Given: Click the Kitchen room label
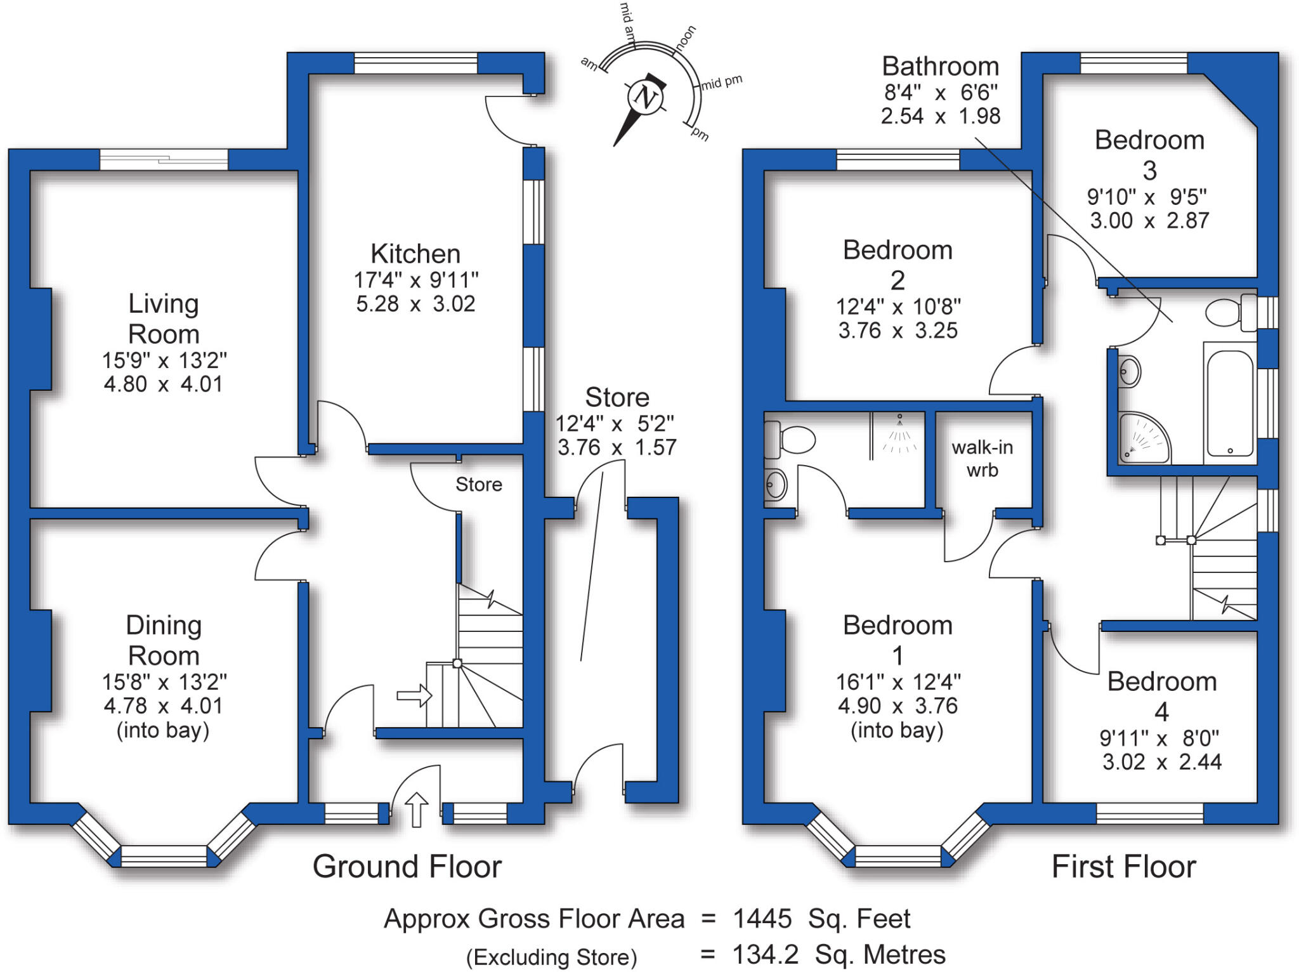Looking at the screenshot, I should click(415, 254).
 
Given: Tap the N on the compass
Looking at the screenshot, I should click(646, 98).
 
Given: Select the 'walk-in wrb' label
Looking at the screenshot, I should click(982, 458).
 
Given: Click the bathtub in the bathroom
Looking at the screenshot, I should click(1230, 404).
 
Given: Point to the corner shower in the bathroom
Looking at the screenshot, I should click(1142, 438).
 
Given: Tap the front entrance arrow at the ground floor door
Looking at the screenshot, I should click(416, 810).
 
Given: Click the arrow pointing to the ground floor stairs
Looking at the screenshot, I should click(414, 696).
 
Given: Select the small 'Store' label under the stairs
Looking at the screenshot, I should click(479, 485).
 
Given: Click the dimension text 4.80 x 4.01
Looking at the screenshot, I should click(164, 384).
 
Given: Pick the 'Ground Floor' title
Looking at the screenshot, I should click(407, 866).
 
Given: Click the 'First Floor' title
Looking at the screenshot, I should click(1123, 866).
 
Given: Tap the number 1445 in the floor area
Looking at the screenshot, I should click(762, 918).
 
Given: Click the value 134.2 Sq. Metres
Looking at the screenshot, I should click(839, 954).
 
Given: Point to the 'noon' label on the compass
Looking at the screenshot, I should click(686, 38).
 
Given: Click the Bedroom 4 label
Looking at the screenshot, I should click(1161, 696).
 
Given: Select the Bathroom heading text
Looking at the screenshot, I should click(940, 67).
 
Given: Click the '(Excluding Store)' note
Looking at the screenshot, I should click(551, 957).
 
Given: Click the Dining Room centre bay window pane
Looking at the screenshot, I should click(164, 856).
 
